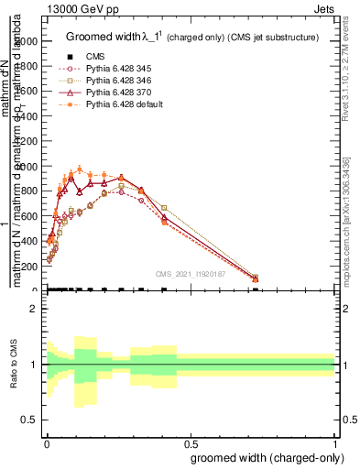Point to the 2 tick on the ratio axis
(35, 309)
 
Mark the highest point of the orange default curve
(80, 169)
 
